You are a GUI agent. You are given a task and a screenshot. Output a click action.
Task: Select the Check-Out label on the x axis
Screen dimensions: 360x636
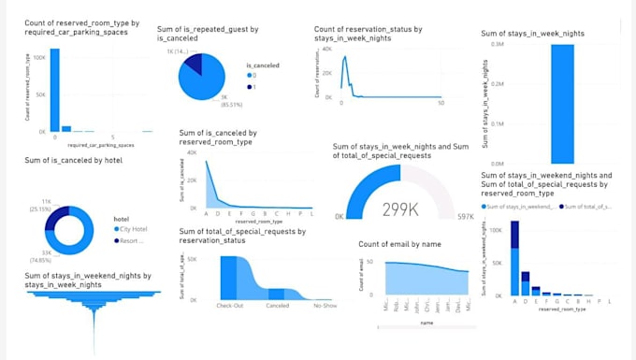pos(231,306)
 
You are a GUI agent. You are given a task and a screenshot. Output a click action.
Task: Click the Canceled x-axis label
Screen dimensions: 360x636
pos(278,306)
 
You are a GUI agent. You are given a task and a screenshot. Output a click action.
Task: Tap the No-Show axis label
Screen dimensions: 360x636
pos(325,306)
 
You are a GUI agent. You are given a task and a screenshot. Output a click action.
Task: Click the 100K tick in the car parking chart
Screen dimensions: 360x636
pos(39,57)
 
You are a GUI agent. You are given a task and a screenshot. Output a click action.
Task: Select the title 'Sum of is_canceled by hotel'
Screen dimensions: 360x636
pos(74,160)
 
